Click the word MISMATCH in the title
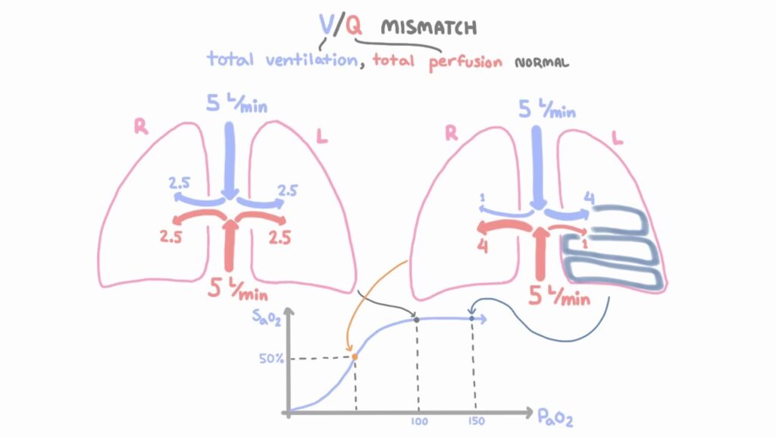[x=429, y=28]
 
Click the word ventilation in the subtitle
[x=311, y=60]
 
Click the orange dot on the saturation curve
[x=354, y=355]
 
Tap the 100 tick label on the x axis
[x=419, y=422]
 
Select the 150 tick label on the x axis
[x=475, y=422]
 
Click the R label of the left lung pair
[x=141, y=127]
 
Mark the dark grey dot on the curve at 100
[x=417, y=319]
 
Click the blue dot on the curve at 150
[x=472, y=318]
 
